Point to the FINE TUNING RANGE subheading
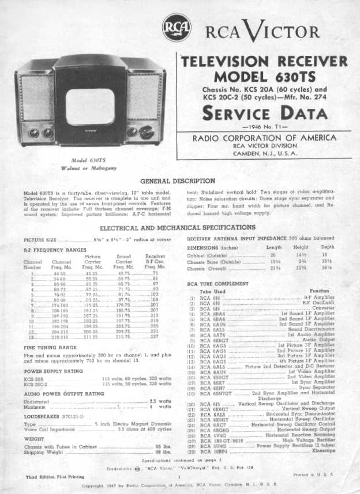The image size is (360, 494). (x=50, y=348)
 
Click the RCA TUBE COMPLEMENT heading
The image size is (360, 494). (x=218, y=284)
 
